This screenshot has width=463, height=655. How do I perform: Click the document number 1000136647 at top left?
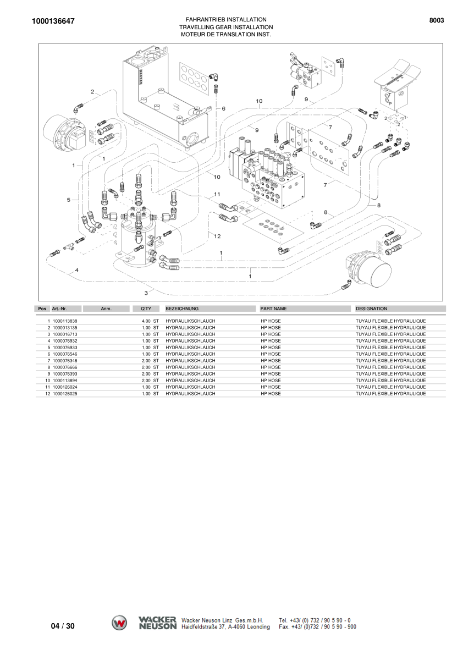click(53, 21)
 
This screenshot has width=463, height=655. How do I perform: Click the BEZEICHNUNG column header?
click(182, 309)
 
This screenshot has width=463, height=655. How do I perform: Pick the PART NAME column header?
click(273, 309)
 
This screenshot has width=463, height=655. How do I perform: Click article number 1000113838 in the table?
click(65, 321)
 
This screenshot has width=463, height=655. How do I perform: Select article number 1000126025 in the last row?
click(65, 394)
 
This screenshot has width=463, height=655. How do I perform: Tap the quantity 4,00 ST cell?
click(150, 321)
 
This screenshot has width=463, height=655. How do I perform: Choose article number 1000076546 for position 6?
click(65, 354)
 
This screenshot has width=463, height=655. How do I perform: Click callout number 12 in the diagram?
click(217, 236)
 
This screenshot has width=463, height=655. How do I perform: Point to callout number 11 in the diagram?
click(217, 194)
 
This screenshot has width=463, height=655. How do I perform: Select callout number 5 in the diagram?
click(69, 200)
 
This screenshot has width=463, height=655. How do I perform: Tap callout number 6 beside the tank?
click(224, 108)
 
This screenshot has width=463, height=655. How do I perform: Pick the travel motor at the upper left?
click(65, 134)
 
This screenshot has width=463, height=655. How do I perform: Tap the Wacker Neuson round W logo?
click(119, 623)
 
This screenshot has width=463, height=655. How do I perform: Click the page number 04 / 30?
click(63, 626)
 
